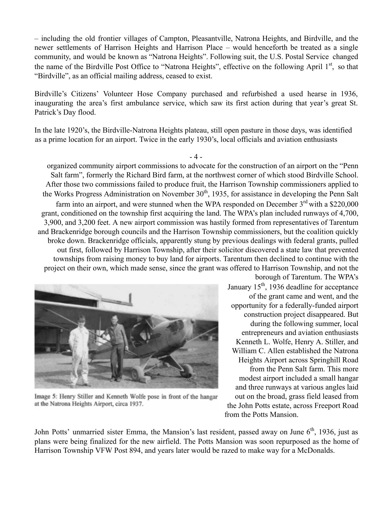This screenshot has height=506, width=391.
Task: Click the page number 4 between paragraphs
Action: click(196, 157)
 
